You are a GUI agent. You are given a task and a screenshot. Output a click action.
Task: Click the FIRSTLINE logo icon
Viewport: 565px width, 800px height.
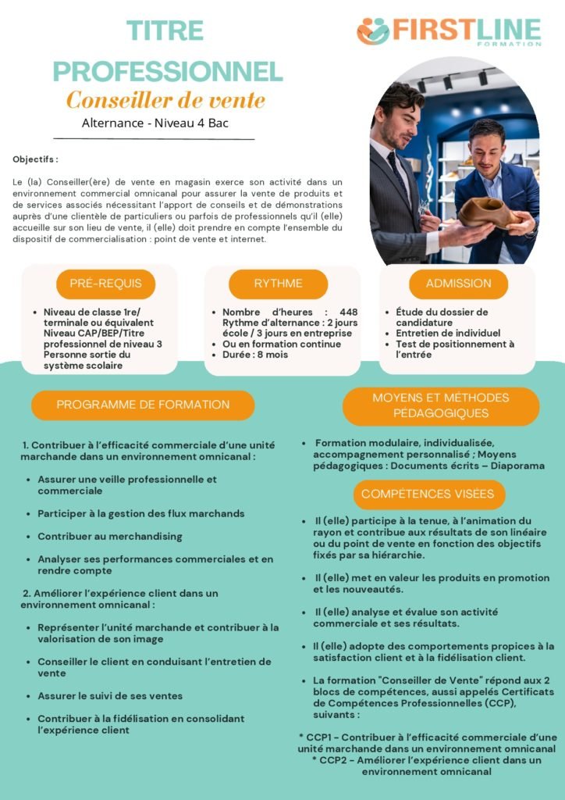point(372,31)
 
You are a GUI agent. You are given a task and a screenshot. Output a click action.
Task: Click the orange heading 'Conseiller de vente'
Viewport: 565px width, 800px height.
point(165,101)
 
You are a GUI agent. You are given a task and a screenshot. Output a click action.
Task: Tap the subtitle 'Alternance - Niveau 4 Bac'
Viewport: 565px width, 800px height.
point(155,123)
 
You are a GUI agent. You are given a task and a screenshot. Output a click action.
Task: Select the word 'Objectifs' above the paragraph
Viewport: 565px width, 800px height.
point(34,159)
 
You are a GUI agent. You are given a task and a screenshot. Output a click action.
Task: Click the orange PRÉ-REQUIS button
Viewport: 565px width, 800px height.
point(105,284)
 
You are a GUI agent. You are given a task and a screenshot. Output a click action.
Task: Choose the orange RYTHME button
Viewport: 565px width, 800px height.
point(278,284)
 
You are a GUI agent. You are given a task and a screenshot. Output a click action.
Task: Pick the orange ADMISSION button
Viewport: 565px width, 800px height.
point(458,284)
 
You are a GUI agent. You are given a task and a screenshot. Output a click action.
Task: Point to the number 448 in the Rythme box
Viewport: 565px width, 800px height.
point(349,312)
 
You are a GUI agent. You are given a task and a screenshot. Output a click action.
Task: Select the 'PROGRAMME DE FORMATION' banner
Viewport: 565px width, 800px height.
point(143,405)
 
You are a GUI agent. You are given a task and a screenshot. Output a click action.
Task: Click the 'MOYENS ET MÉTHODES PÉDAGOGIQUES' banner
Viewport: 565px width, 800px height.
point(440,405)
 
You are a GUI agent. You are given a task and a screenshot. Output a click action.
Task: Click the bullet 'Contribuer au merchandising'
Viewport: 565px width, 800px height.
point(110,537)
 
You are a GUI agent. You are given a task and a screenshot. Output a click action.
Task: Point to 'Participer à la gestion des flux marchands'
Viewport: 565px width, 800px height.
point(141,514)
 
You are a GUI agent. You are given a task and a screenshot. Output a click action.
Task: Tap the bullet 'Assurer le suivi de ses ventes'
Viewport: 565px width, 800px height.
point(110,696)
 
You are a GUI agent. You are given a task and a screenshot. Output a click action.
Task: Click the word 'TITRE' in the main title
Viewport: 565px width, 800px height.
point(165,31)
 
